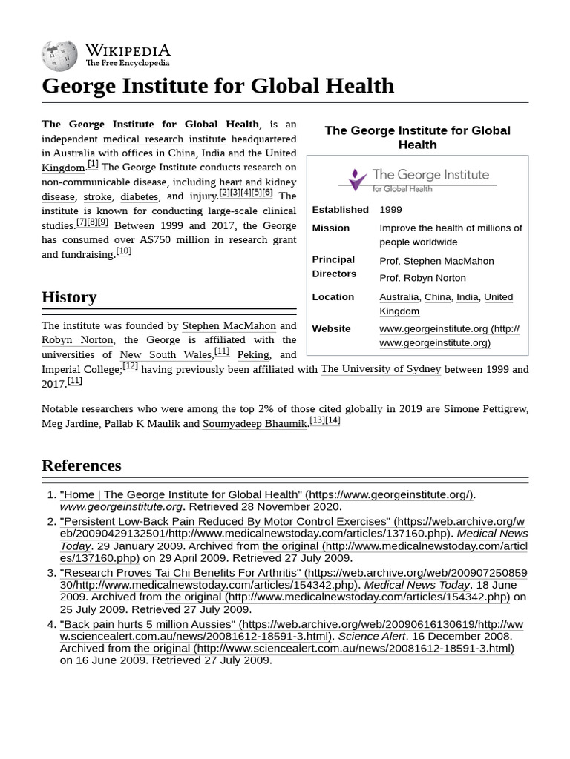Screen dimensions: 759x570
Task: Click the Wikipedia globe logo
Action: (x=59, y=56)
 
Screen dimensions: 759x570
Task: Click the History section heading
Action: (x=69, y=297)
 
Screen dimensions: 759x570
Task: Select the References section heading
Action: (x=82, y=465)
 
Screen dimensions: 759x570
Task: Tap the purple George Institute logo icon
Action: (x=357, y=179)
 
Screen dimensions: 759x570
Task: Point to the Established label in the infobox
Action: (x=340, y=210)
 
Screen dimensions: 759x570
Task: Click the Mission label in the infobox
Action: (x=330, y=228)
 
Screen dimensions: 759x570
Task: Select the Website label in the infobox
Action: (x=331, y=329)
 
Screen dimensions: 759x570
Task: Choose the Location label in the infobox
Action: (x=332, y=297)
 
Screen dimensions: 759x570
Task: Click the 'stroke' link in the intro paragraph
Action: (x=97, y=197)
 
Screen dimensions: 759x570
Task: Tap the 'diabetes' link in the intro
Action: (x=139, y=197)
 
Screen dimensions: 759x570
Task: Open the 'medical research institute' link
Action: (x=164, y=139)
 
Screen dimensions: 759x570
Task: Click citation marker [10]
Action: (x=123, y=251)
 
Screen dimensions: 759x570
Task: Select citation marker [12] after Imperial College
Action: (x=130, y=366)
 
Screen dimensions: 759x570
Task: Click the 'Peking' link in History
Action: (x=253, y=355)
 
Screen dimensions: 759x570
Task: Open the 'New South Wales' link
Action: (x=166, y=355)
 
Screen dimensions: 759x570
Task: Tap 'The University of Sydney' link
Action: (x=381, y=369)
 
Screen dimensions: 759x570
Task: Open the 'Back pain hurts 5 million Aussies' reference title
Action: (x=148, y=625)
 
